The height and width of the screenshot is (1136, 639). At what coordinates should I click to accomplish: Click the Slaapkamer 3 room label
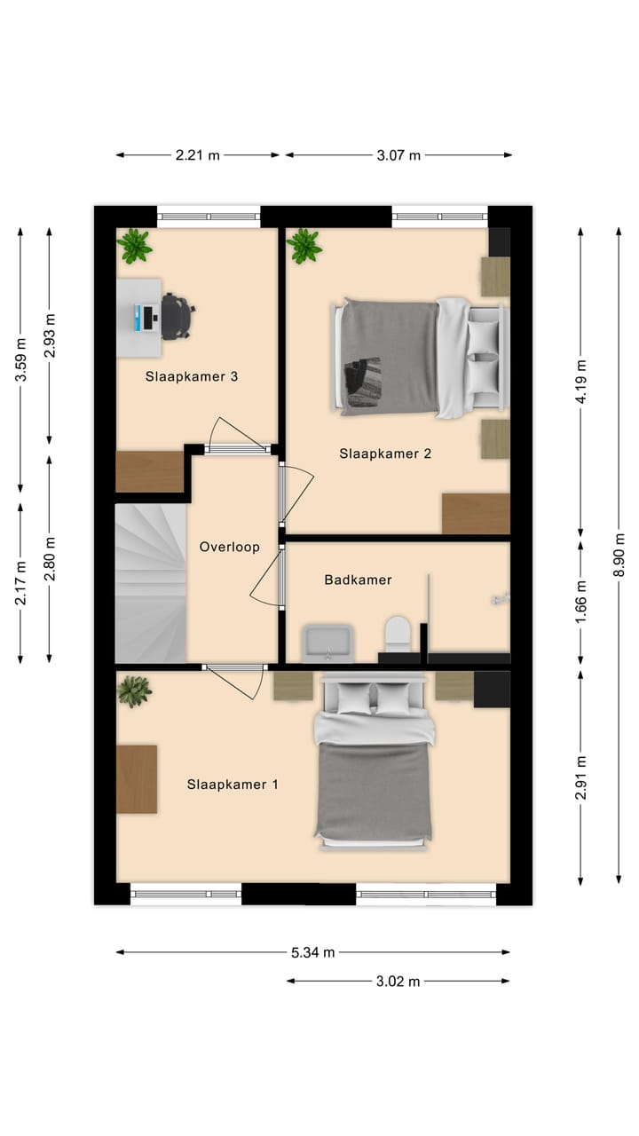click(191, 376)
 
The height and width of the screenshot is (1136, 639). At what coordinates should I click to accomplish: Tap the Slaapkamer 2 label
click(385, 454)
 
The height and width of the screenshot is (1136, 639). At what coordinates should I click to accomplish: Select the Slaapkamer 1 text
click(233, 784)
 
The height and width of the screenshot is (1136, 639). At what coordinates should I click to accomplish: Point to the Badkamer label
click(358, 580)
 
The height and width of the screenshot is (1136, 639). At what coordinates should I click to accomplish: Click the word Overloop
click(229, 547)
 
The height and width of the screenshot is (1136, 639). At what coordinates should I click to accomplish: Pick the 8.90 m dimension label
click(619, 555)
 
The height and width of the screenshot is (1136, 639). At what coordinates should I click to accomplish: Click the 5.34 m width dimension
click(313, 952)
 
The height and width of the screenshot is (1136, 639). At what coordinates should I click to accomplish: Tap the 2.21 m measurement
click(198, 155)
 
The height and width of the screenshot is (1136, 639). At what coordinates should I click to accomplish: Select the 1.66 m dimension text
click(580, 602)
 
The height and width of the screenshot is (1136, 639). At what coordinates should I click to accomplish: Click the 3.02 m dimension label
click(398, 982)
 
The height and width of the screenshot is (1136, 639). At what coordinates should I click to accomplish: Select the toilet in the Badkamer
click(397, 634)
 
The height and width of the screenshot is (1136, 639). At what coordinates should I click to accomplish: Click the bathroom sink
click(327, 643)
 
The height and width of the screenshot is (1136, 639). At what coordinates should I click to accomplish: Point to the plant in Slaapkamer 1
click(134, 690)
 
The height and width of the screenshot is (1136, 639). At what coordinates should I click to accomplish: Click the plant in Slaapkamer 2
click(304, 247)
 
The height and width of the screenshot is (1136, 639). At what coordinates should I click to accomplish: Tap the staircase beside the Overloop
click(151, 583)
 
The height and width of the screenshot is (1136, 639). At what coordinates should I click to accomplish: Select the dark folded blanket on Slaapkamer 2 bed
click(361, 381)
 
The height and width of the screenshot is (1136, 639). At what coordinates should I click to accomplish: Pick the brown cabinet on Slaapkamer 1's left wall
click(137, 779)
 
